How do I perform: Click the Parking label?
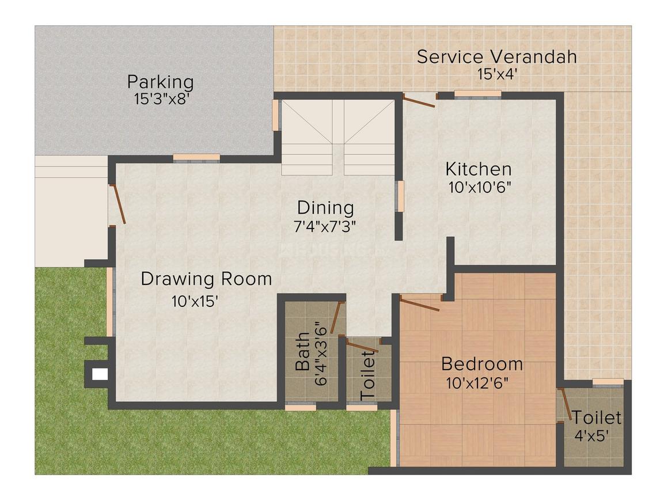coord(160,82)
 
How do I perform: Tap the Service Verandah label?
coord(496,56)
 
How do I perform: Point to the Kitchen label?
coord(479,169)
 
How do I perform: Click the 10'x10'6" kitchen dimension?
coord(480,187)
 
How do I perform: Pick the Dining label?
coord(325,207)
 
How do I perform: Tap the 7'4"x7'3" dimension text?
coord(325,226)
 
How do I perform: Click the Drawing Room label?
coord(206,279)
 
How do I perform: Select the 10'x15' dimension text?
coord(194,301)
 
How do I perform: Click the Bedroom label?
coord(482,364)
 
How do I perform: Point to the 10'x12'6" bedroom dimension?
coord(477,382)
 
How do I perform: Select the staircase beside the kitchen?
coord(338,137)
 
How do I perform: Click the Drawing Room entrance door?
coord(118,204)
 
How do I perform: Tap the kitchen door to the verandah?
coord(419,102)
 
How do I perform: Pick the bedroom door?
coord(420,303)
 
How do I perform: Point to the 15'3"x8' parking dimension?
coord(162,99)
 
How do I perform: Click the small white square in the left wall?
coord(100,374)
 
